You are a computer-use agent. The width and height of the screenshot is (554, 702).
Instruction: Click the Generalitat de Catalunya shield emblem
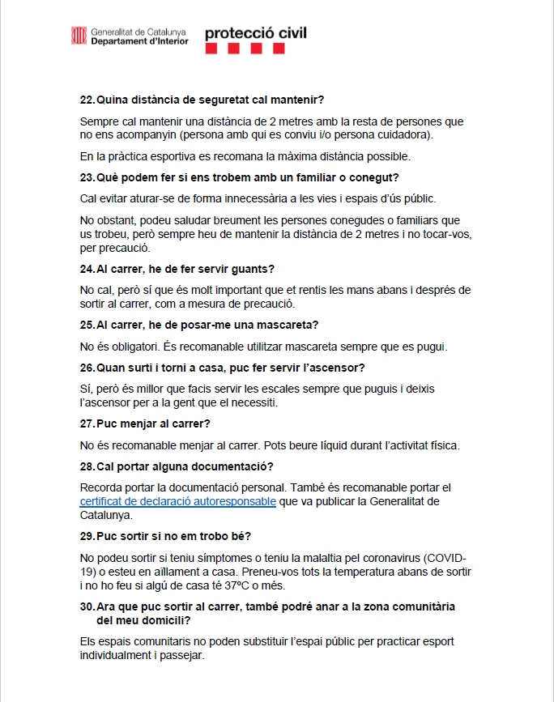pyautogui.click(x=79, y=36)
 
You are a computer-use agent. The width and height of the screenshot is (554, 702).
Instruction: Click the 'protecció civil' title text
pyautogui.click(x=256, y=33)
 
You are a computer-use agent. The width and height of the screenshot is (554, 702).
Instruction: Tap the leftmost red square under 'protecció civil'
pyautogui.click(x=211, y=49)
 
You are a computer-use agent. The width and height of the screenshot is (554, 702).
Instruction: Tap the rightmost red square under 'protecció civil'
pyautogui.click(x=279, y=49)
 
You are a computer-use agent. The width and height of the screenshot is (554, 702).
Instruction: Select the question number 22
pyautogui.click(x=87, y=100)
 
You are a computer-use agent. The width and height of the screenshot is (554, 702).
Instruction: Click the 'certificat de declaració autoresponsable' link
pyautogui.click(x=178, y=501)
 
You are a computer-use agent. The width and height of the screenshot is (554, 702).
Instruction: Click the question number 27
pyautogui.click(x=87, y=423)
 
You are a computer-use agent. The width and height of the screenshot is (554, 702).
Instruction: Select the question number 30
pyautogui.click(x=87, y=606)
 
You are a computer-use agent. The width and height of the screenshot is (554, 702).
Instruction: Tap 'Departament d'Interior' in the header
pyautogui.click(x=139, y=40)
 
